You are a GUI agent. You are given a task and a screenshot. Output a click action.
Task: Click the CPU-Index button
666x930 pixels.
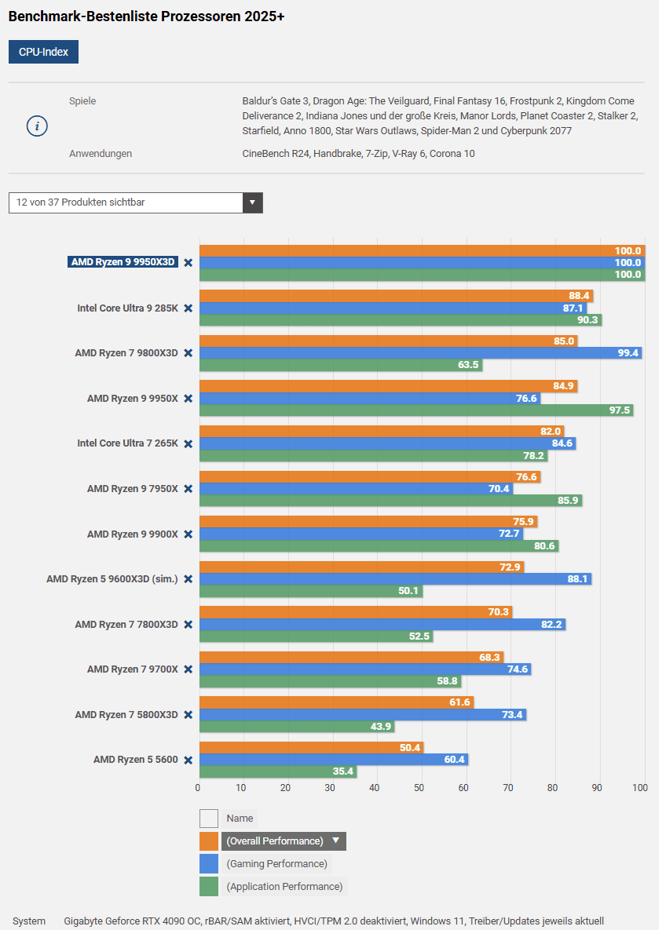click(x=43, y=52)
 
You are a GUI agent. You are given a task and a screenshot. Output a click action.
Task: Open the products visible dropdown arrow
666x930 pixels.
click(x=252, y=202)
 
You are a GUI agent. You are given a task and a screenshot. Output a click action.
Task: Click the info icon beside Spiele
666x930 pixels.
click(x=38, y=126)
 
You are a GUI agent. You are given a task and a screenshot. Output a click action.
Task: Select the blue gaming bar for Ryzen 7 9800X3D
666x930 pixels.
click(x=420, y=353)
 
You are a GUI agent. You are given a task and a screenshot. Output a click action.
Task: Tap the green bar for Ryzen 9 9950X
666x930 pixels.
click(x=416, y=410)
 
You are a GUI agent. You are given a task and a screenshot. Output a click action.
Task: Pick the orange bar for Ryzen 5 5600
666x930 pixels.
click(x=311, y=747)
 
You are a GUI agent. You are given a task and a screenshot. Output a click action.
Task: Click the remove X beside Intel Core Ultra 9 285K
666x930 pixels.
click(x=188, y=308)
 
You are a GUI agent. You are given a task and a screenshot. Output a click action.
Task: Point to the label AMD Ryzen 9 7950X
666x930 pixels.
click(x=133, y=489)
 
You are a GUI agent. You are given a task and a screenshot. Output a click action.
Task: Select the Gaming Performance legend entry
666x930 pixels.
click(x=276, y=864)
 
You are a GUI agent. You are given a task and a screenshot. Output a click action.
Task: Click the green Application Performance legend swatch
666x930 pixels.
click(x=209, y=887)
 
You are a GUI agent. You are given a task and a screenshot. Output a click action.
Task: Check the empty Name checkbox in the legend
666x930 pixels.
click(x=209, y=819)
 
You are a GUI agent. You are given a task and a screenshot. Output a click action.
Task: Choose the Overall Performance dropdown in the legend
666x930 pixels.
click(x=284, y=841)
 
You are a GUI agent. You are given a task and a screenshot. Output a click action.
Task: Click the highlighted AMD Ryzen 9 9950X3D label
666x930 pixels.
click(x=123, y=262)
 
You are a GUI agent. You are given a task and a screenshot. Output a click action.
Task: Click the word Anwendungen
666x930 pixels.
click(x=101, y=154)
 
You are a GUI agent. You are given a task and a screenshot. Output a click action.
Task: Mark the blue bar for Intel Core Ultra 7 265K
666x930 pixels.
click(x=387, y=443)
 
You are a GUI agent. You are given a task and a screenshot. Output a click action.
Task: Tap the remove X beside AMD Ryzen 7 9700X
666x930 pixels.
click(x=188, y=669)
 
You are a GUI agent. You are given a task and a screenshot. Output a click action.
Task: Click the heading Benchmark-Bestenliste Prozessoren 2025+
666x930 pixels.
click(x=146, y=16)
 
